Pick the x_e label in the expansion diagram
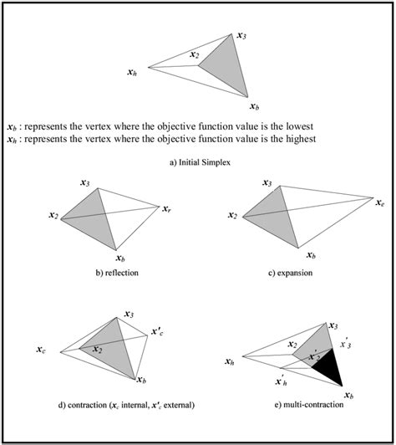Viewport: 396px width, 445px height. pyautogui.click(x=379, y=202)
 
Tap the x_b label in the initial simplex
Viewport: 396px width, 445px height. pyautogui.click(x=254, y=106)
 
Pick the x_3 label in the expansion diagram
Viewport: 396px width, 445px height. pyautogui.click(x=267, y=182)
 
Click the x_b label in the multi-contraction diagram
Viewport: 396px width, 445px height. pyautogui.click(x=348, y=393)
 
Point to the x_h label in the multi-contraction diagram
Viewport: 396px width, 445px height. pyautogui.click(x=230, y=361)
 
